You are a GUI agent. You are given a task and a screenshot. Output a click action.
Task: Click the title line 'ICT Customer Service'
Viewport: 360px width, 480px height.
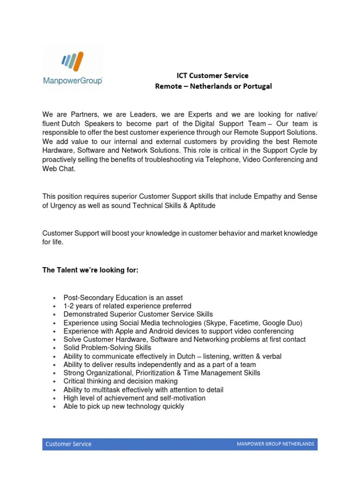[x=212, y=75]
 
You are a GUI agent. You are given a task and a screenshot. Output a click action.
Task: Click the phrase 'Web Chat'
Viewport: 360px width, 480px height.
[x=59, y=169]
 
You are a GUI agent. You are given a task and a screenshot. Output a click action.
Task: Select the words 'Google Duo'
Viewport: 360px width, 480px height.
[x=281, y=323]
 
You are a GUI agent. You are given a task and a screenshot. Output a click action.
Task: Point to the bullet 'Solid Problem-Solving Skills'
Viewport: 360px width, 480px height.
[x=107, y=348]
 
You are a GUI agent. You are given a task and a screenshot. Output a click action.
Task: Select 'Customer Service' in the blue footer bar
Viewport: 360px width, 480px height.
[x=68, y=444]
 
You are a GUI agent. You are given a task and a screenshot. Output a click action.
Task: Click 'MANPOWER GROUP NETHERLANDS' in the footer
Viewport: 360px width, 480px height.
[x=275, y=444]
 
